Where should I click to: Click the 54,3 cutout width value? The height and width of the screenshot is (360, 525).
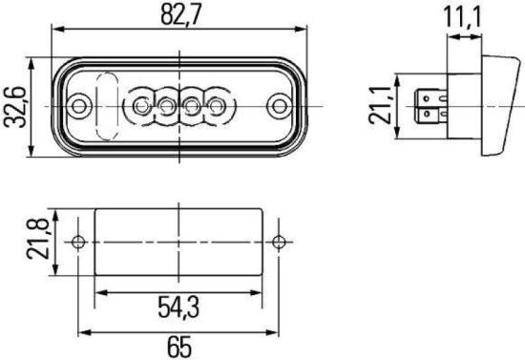[x=178, y=307]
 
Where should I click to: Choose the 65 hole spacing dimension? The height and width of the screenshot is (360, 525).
[x=178, y=345]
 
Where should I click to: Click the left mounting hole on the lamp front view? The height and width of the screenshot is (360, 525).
[x=79, y=102]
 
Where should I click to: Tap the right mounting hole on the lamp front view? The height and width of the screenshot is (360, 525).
[x=279, y=102]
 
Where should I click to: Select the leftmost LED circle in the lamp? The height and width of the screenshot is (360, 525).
[x=145, y=103]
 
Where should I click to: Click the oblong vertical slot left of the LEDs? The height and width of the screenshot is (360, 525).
[x=107, y=101]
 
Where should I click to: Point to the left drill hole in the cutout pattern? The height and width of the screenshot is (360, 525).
[x=79, y=241]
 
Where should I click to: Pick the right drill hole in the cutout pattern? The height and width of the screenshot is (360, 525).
[x=279, y=241]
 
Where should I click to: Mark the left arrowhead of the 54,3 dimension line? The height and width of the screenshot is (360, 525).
[x=100, y=293]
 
